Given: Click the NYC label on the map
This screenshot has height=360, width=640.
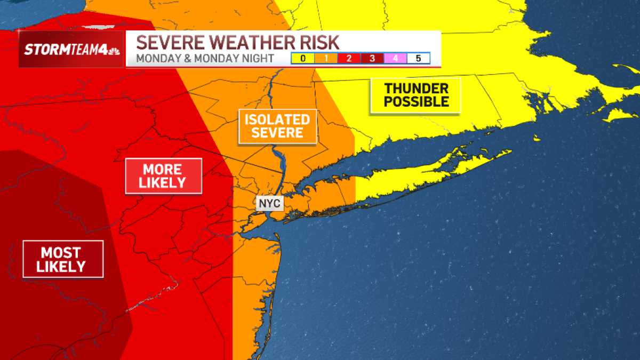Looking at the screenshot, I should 269,204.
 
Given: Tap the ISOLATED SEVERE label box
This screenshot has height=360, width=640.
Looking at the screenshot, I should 277,126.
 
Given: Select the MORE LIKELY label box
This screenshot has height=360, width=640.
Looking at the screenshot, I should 163,176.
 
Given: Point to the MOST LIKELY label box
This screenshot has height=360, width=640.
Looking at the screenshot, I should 63,259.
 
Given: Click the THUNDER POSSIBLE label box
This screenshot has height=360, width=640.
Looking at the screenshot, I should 416,95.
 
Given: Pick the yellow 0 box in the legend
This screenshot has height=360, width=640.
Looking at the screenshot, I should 303,59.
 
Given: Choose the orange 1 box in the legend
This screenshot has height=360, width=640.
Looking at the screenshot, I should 326,59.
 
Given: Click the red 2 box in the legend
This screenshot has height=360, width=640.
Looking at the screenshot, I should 349,59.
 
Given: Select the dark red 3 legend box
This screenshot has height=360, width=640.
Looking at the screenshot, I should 372,59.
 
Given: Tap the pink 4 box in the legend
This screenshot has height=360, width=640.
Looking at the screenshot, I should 395,59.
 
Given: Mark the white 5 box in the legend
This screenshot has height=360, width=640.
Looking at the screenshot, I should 418,59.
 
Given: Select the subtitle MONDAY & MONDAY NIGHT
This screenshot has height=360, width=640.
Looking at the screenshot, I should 205,59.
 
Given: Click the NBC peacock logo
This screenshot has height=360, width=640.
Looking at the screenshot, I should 114,51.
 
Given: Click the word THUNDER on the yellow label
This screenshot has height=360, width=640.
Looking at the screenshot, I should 416,88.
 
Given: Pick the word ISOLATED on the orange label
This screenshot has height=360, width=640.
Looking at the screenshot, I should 277,119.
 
